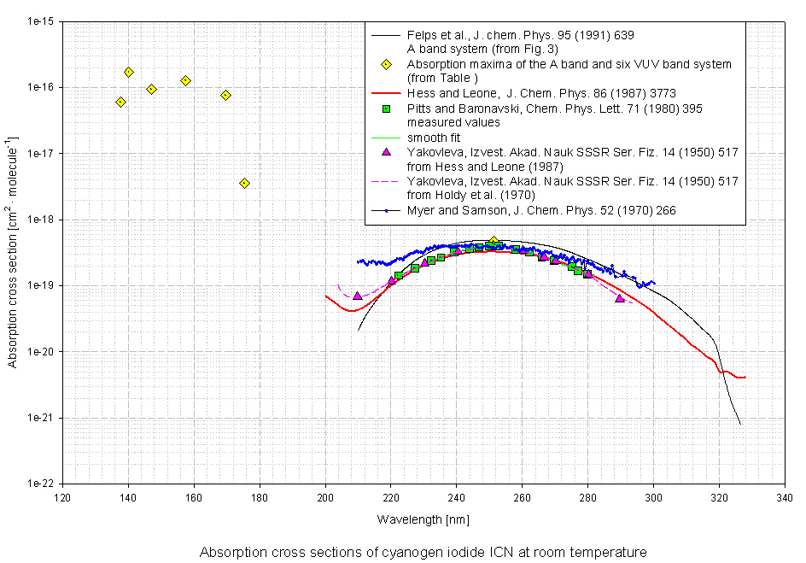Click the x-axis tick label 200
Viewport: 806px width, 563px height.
[325, 498]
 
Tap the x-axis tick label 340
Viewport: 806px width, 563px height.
[784, 498]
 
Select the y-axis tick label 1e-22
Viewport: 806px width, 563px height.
[40, 484]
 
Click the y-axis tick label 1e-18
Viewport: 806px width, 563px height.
[40, 220]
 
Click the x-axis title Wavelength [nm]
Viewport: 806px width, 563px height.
[423, 519]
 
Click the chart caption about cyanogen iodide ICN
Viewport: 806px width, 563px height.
[423, 552]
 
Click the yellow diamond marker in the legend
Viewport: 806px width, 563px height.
[386, 64]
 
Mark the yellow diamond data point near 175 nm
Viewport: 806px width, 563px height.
[244, 183]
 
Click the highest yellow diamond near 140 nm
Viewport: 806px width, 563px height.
[128, 73]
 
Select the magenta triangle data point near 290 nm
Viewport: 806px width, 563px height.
[620, 298]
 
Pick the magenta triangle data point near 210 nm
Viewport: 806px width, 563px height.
[357, 296]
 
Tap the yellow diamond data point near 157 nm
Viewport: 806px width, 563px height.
[185, 80]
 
